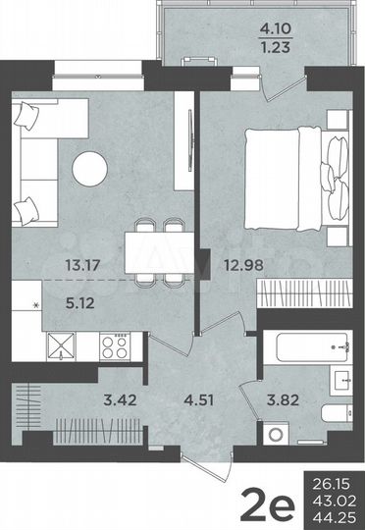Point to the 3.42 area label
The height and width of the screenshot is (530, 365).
point(120,398)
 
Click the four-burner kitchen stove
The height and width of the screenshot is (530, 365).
point(117,344)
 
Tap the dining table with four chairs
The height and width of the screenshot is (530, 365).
point(159,249)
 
